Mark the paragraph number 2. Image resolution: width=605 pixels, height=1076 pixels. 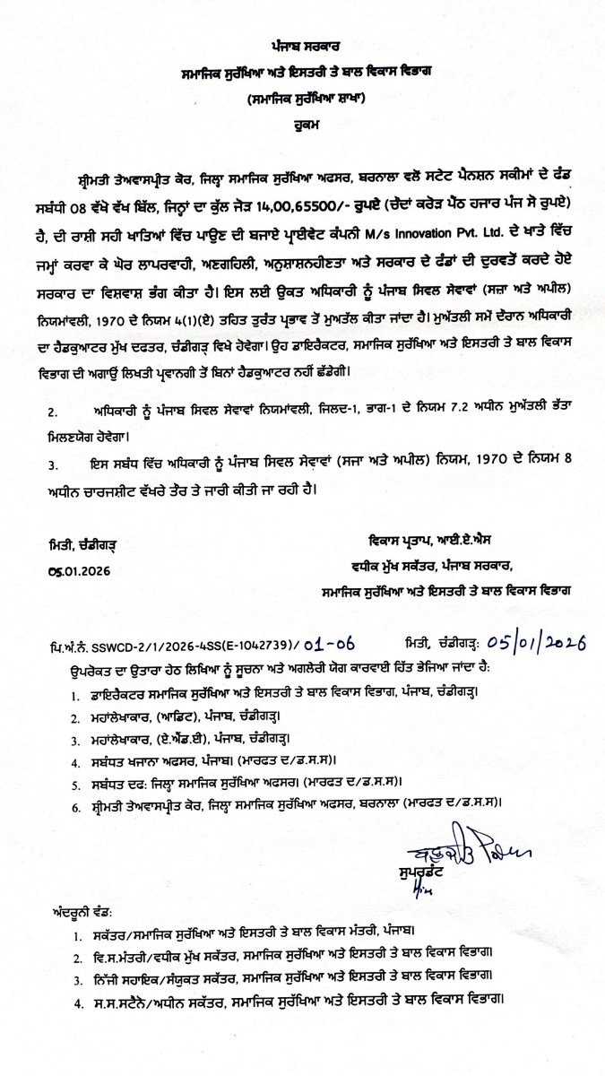pos(53,412)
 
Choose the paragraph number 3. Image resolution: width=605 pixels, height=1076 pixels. pos(53,464)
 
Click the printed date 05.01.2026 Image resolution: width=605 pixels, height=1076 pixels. pos(80,570)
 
